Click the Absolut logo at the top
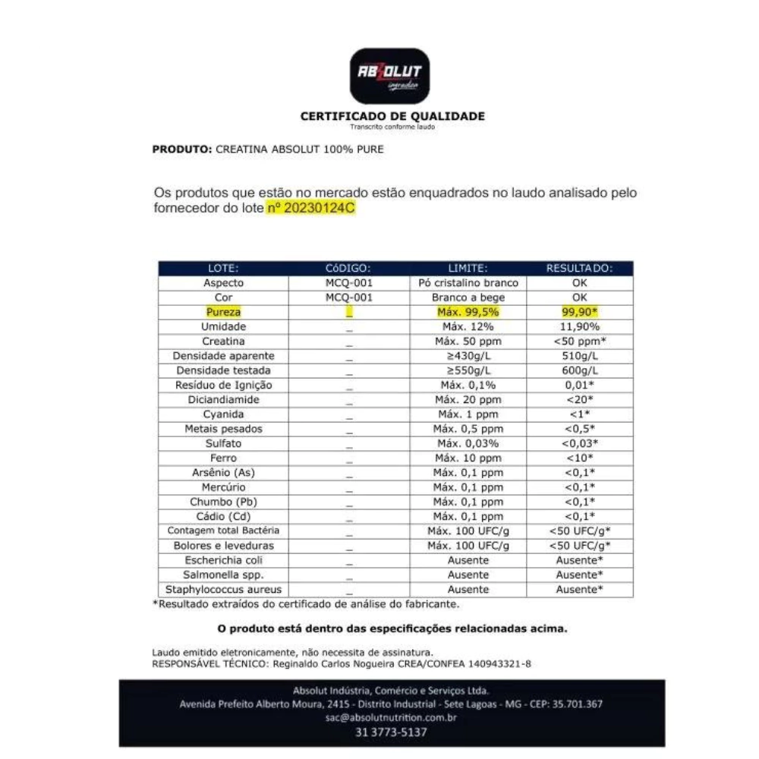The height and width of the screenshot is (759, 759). click(x=389, y=76)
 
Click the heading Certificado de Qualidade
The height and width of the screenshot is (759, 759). click(x=392, y=116)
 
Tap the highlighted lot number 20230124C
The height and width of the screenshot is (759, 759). click(x=310, y=209)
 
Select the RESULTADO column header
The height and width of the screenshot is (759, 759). click(x=579, y=268)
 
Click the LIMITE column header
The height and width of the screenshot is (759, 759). click(x=468, y=268)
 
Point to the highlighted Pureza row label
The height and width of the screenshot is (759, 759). click(x=223, y=312)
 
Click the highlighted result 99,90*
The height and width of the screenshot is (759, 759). click(x=580, y=312)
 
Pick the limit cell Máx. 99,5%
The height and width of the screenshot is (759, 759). click(x=468, y=312)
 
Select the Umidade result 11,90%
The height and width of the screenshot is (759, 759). click(x=580, y=326)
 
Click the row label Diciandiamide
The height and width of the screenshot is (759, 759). click(x=223, y=399)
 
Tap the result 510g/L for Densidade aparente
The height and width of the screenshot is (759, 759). click(x=580, y=355)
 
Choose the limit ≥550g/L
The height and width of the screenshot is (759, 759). click(x=468, y=370)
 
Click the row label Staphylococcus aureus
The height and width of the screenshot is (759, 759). click(x=223, y=590)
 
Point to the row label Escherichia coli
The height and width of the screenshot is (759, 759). click(x=223, y=560)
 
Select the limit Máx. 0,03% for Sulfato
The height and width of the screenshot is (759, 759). click(x=468, y=443)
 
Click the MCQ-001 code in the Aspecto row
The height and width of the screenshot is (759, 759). click(x=348, y=282)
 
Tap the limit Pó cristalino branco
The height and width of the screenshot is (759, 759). click(x=468, y=282)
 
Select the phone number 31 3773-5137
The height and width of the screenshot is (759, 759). click(x=391, y=732)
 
